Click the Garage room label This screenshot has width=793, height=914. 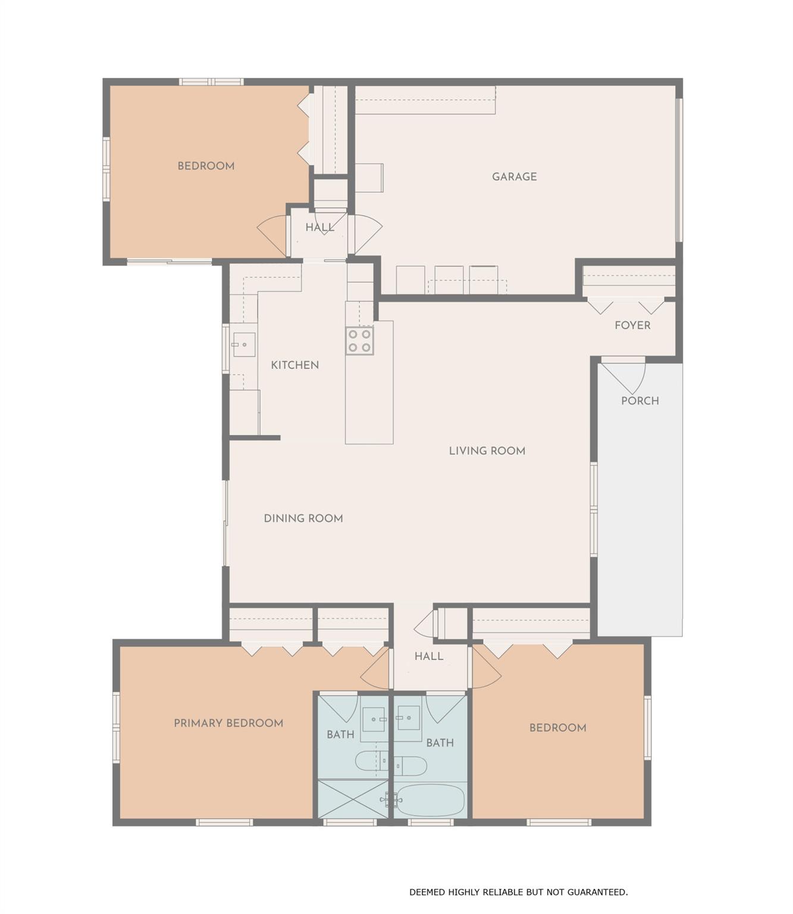pos(514,177)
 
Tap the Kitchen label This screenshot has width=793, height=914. pos(294,365)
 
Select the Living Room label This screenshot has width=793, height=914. pos(487,451)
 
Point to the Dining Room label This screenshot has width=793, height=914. pos(303,518)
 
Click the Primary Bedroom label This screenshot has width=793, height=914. pos(228,723)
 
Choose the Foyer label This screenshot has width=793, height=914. pos(632,325)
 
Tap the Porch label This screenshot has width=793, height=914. pos(640,401)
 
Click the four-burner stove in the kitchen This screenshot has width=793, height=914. pos(360,340)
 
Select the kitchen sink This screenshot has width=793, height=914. pos(244,345)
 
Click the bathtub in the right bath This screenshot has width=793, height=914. pos(430,800)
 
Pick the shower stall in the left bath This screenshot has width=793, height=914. pos(352,799)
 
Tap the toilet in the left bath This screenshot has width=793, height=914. pos(369,761)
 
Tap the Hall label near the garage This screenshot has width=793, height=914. pos(319,227)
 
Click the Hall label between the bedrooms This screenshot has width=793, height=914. pos(428,656)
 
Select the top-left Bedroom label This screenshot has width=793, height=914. pos(206,166)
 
